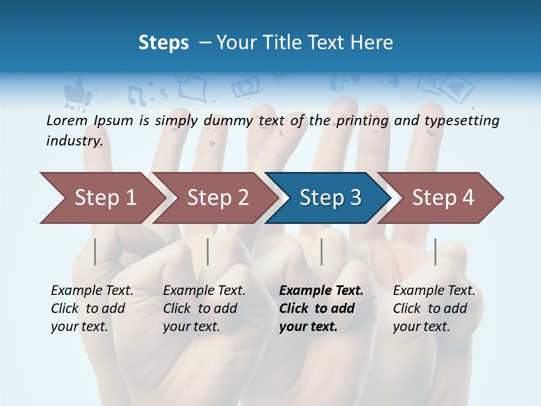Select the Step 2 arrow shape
[217, 198]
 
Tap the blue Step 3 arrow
[330, 198]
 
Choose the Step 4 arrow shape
[442, 198]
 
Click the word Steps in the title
[163, 42]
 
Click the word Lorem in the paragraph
[66, 120]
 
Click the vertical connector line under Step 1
[95, 251]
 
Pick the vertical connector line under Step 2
[208, 251]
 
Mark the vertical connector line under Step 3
[322, 251]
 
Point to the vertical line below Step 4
[436, 251]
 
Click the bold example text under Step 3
[321, 308]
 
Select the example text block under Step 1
[92, 308]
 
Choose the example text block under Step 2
[204, 308]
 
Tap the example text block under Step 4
[434, 308]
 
